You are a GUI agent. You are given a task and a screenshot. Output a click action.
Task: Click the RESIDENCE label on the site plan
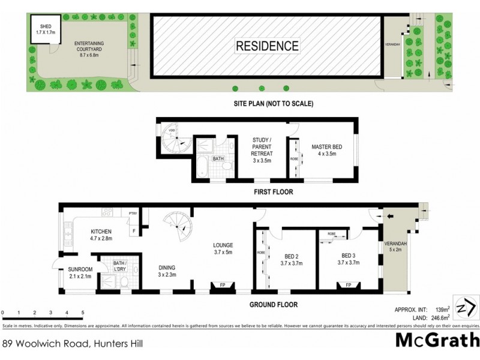(266, 46)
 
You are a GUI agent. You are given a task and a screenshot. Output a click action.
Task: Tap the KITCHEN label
(101, 234)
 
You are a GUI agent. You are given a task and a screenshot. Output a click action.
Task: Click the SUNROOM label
(80, 274)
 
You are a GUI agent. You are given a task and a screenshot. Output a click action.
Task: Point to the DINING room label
(167, 272)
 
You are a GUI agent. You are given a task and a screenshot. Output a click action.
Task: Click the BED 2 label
(292, 258)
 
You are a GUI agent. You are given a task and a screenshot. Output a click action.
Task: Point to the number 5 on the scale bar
(82, 313)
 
